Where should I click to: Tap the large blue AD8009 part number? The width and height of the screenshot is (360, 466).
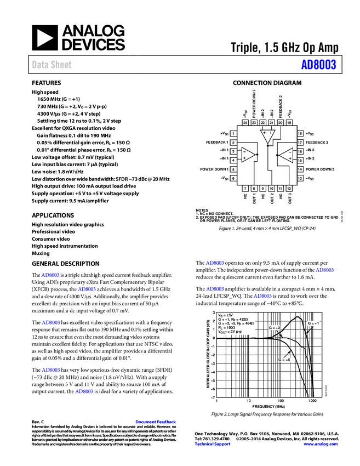click(318, 65)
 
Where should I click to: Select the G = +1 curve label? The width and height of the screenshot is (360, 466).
click(313, 323)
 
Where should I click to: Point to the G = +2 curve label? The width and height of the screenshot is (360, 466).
click(275, 328)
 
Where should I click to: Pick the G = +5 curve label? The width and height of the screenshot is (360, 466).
click(284, 360)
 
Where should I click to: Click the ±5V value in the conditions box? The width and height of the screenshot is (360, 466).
click(229, 315)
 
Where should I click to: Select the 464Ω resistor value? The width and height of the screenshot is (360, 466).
click(249, 323)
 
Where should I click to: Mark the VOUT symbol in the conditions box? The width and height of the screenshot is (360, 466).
click(222, 332)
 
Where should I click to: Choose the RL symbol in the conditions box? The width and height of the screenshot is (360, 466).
click(220, 327)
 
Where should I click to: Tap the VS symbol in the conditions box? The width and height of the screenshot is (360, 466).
click(220, 315)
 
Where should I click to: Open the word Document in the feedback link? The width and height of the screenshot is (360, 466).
click(146, 422)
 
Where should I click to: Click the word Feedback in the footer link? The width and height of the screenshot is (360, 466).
click(167, 422)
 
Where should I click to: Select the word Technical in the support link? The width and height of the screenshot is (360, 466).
click(204, 444)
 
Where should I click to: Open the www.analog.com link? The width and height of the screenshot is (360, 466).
click(321, 444)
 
